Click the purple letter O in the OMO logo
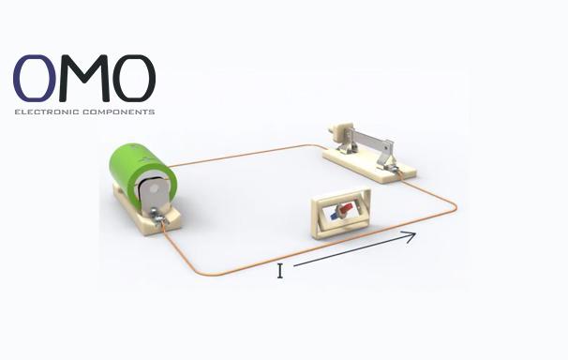tap(35, 78)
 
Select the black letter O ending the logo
tap(134, 78)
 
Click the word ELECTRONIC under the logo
tap(47, 112)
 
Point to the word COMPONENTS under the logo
tap(119, 112)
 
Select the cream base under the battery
tap(147, 214)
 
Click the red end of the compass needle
tap(346, 208)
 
